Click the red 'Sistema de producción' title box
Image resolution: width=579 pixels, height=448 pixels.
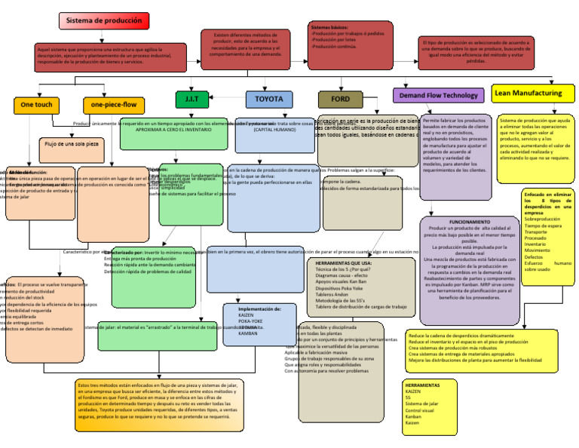pyautogui.click(x=103, y=21)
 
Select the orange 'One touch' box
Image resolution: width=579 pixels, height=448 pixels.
pyautogui.click(x=36, y=104)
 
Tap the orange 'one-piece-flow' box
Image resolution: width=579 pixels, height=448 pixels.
pyautogui.click(x=114, y=104)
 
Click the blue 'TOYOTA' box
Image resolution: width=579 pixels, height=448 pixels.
pyautogui.click(x=269, y=99)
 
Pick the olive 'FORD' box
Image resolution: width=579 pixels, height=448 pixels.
pyautogui.click(x=340, y=99)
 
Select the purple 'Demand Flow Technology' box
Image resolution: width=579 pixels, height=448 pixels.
pyautogui.click(x=438, y=96)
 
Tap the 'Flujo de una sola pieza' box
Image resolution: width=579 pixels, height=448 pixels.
pyautogui.click(x=72, y=143)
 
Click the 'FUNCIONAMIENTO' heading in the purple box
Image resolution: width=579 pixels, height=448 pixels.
pyautogui.click(x=470, y=222)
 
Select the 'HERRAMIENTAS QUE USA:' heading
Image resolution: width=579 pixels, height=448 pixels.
pyautogui.click(x=340, y=263)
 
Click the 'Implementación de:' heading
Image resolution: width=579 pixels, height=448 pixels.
pyautogui.click(x=259, y=309)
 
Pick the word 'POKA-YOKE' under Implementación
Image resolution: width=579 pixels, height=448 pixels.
pyautogui.click(x=251, y=321)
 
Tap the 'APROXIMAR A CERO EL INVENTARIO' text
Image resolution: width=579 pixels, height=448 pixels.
pyautogui.click(x=173, y=130)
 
